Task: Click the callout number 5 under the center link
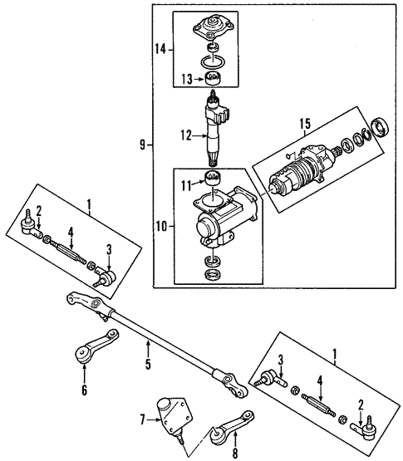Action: [147, 363]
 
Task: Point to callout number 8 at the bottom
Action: [234, 454]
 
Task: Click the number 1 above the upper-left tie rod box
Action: [86, 201]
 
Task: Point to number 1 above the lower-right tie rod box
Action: [335, 352]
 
